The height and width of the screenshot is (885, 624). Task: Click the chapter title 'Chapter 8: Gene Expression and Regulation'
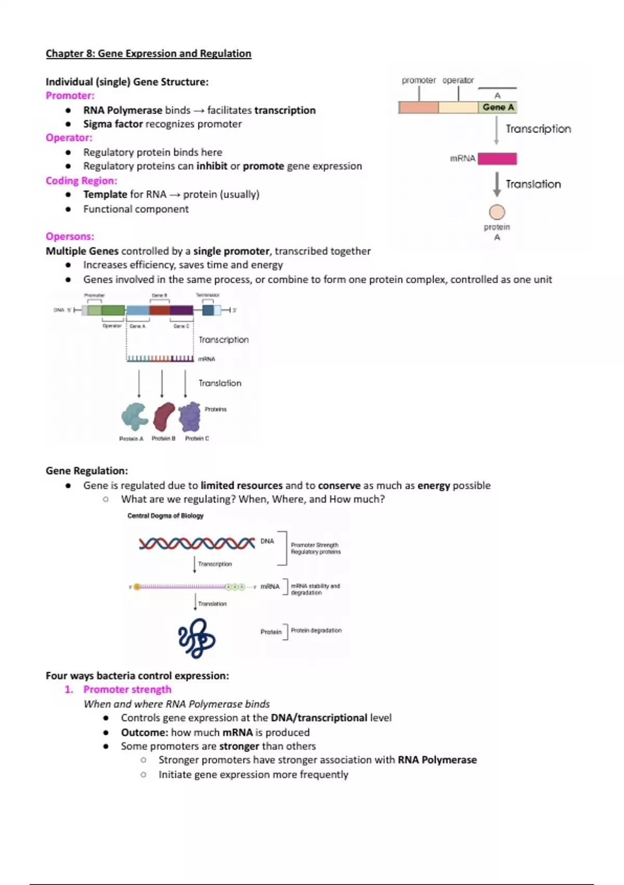(x=148, y=53)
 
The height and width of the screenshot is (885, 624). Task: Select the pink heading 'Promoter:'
(x=70, y=95)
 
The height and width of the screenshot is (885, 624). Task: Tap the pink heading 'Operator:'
(x=69, y=137)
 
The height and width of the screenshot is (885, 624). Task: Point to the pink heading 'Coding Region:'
(x=81, y=180)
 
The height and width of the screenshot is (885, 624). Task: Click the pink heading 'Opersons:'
(x=70, y=236)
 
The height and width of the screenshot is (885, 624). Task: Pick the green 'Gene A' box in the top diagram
(x=498, y=107)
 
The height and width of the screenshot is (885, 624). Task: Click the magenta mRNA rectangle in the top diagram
(x=497, y=158)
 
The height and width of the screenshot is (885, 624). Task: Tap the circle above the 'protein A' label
(x=497, y=212)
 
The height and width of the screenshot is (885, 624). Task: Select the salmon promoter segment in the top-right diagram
(x=418, y=107)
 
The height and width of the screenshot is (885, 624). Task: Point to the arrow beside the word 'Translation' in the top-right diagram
(x=497, y=184)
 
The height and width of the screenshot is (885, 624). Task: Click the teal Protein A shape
(x=134, y=416)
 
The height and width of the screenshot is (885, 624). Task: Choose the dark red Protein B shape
(x=164, y=416)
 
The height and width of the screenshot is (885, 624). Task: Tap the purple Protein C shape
(x=190, y=416)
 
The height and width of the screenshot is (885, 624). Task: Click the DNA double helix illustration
(x=197, y=543)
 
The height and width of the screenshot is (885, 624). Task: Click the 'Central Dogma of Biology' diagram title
(x=165, y=515)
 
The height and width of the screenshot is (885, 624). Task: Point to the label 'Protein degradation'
(x=316, y=630)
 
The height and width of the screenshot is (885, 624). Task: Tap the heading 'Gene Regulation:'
(x=87, y=470)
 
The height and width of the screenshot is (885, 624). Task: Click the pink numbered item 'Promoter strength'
(x=127, y=689)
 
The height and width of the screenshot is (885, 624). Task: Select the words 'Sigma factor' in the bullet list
(x=113, y=124)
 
